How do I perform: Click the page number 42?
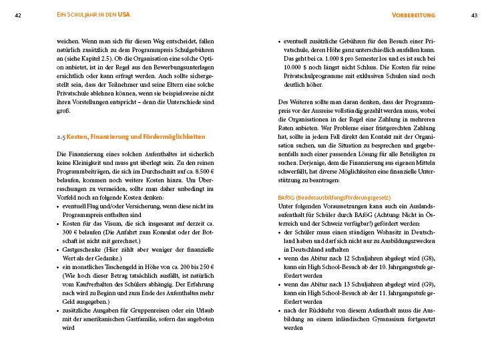coord(17,15)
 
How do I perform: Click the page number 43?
coord(474,15)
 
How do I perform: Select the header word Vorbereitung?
coord(415,15)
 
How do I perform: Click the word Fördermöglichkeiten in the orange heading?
coord(172,136)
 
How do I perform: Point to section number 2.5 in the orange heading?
coord(61,136)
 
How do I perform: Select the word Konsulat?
coord(171,232)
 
